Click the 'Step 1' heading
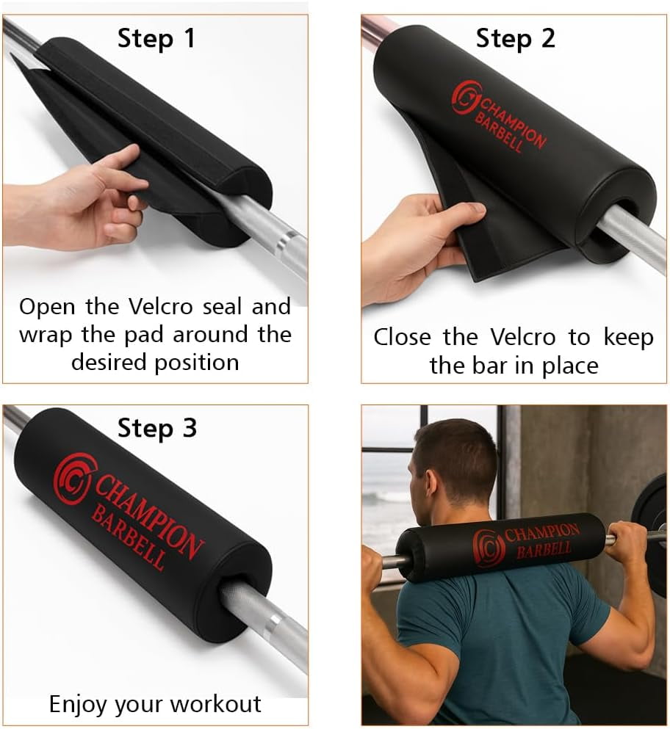(x=156, y=38)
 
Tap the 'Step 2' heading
(x=516, y=38)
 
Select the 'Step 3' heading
(x=157, y=428)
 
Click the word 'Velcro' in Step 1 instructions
(x=160, y=306)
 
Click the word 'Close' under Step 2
(x=403, y=337)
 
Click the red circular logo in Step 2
(x=467, y=97)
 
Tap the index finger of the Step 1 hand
(x=113, y=159)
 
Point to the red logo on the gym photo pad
(x=488, y=548)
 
